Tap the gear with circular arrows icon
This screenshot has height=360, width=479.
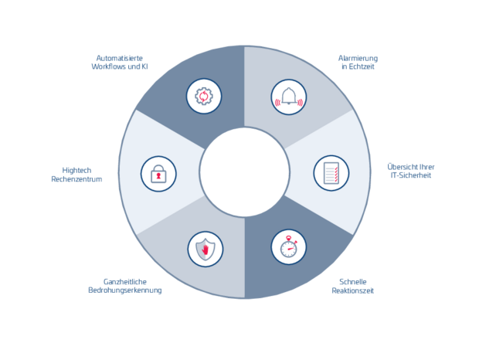tap(204, 97)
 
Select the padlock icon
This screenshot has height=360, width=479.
tap(158, 174)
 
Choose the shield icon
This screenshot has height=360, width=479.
tap(205, 250)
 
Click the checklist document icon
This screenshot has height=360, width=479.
tap(331, 173)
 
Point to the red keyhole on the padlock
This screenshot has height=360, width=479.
tap(158, 177)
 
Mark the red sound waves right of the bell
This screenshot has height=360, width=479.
tap(301, 99)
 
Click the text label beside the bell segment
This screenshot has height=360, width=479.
tap(357, 62)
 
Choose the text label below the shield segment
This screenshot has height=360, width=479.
tap(125, 286)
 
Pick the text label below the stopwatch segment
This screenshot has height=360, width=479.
tap(356, 286)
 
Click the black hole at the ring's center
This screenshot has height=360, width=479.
tap(243, 172)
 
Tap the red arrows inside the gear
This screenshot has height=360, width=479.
tap(204, 97)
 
